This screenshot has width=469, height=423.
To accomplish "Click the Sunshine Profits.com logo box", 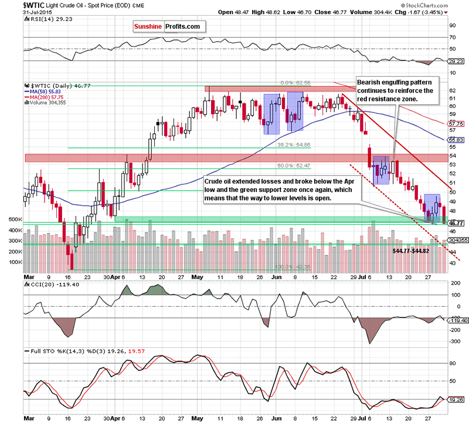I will click(x=167, y=26).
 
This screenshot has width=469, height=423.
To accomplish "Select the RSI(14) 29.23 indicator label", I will click(x=44, y=18).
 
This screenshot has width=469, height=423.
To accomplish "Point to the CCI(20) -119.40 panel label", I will click(x=47, y=285).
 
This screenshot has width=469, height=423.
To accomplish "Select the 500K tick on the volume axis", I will click(x=15, y=219).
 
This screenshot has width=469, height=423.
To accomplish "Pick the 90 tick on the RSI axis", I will click(x=451, y=26).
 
